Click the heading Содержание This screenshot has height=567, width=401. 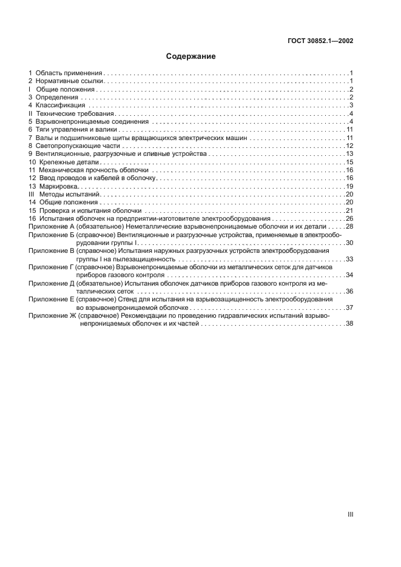[190, 56]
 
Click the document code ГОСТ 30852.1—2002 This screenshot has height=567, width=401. [321, 42]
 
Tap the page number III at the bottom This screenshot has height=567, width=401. [350, 514]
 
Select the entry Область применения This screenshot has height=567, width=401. [69, 72]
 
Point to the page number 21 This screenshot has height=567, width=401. [349, 211]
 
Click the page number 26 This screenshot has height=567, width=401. [349, 219]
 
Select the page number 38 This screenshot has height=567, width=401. [349, 324]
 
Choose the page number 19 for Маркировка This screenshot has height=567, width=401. [349, 187]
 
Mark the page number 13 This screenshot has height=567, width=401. [349, 154]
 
